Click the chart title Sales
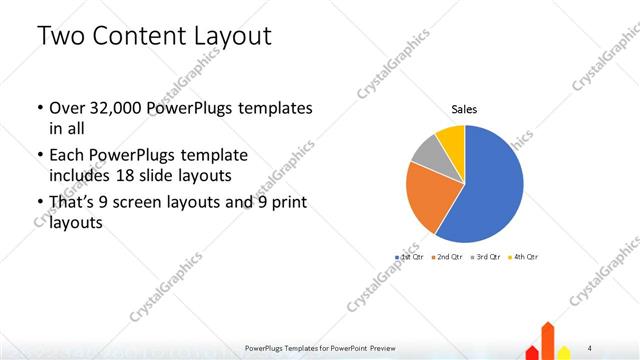pos(464,108)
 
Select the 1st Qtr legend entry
pos(409,257)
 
